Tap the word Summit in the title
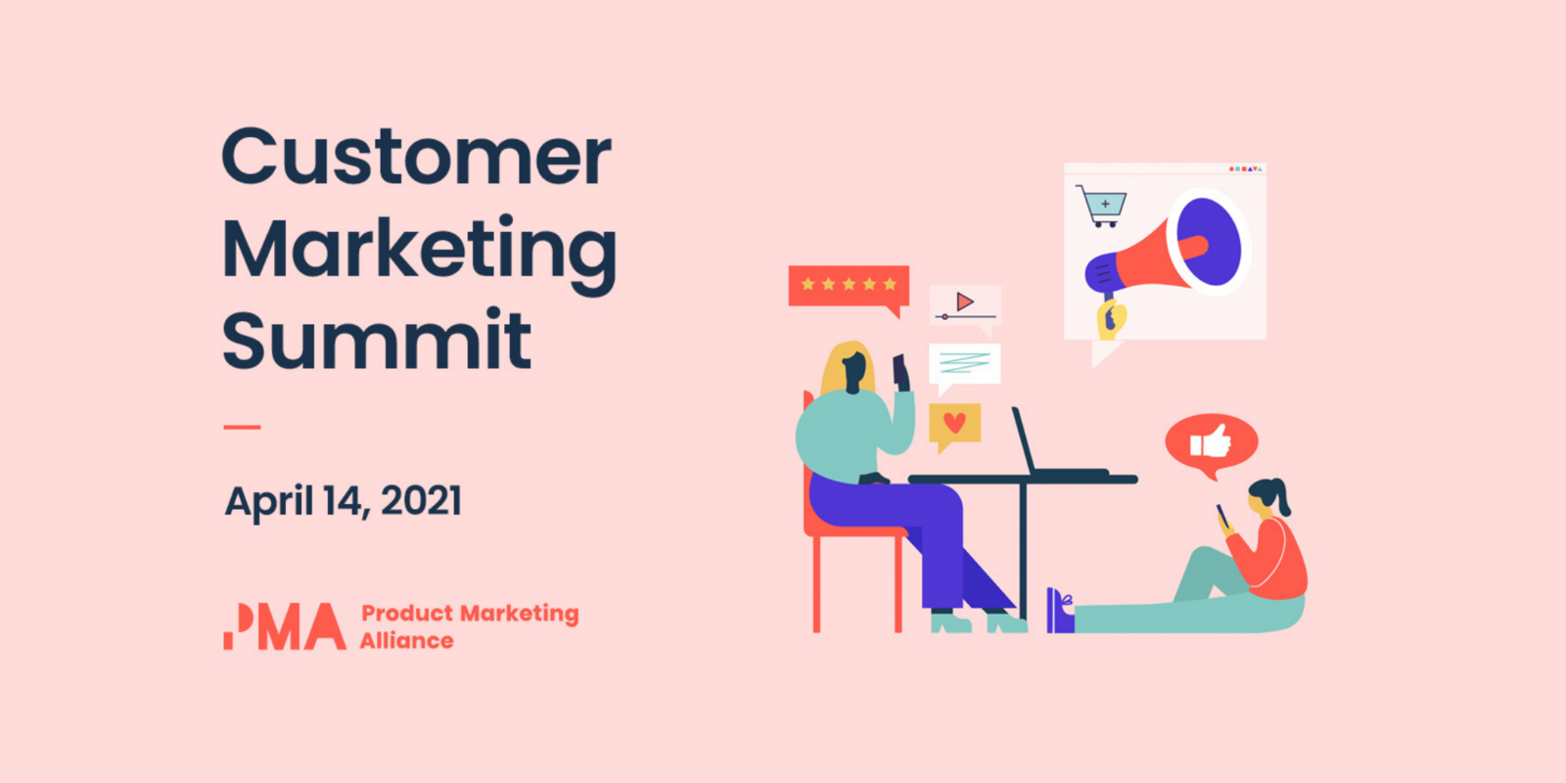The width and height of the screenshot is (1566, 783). (x=377, y=340)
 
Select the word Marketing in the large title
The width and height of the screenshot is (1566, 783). (x=419, y=250)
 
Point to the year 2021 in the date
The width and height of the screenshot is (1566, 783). (x=421, y=501)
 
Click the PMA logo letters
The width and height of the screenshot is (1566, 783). (x=285, y=626)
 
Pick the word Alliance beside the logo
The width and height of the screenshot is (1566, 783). (x=406, y=641)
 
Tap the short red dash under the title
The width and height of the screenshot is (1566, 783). (x=242, y=427)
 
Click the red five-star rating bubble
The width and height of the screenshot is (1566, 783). (x=849, y=286)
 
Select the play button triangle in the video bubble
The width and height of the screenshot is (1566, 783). (x=965, y=301)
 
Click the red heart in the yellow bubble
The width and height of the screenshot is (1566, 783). (x=955, y=423)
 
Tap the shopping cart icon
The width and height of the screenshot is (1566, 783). (x=1103, y=207)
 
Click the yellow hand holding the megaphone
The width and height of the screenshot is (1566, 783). (x=1111, y=318)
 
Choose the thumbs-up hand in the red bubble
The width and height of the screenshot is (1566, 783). (x=1213, y=442)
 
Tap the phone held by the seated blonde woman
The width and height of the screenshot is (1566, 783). (x=899, y=369)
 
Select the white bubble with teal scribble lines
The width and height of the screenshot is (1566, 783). (x=964, y=364)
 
